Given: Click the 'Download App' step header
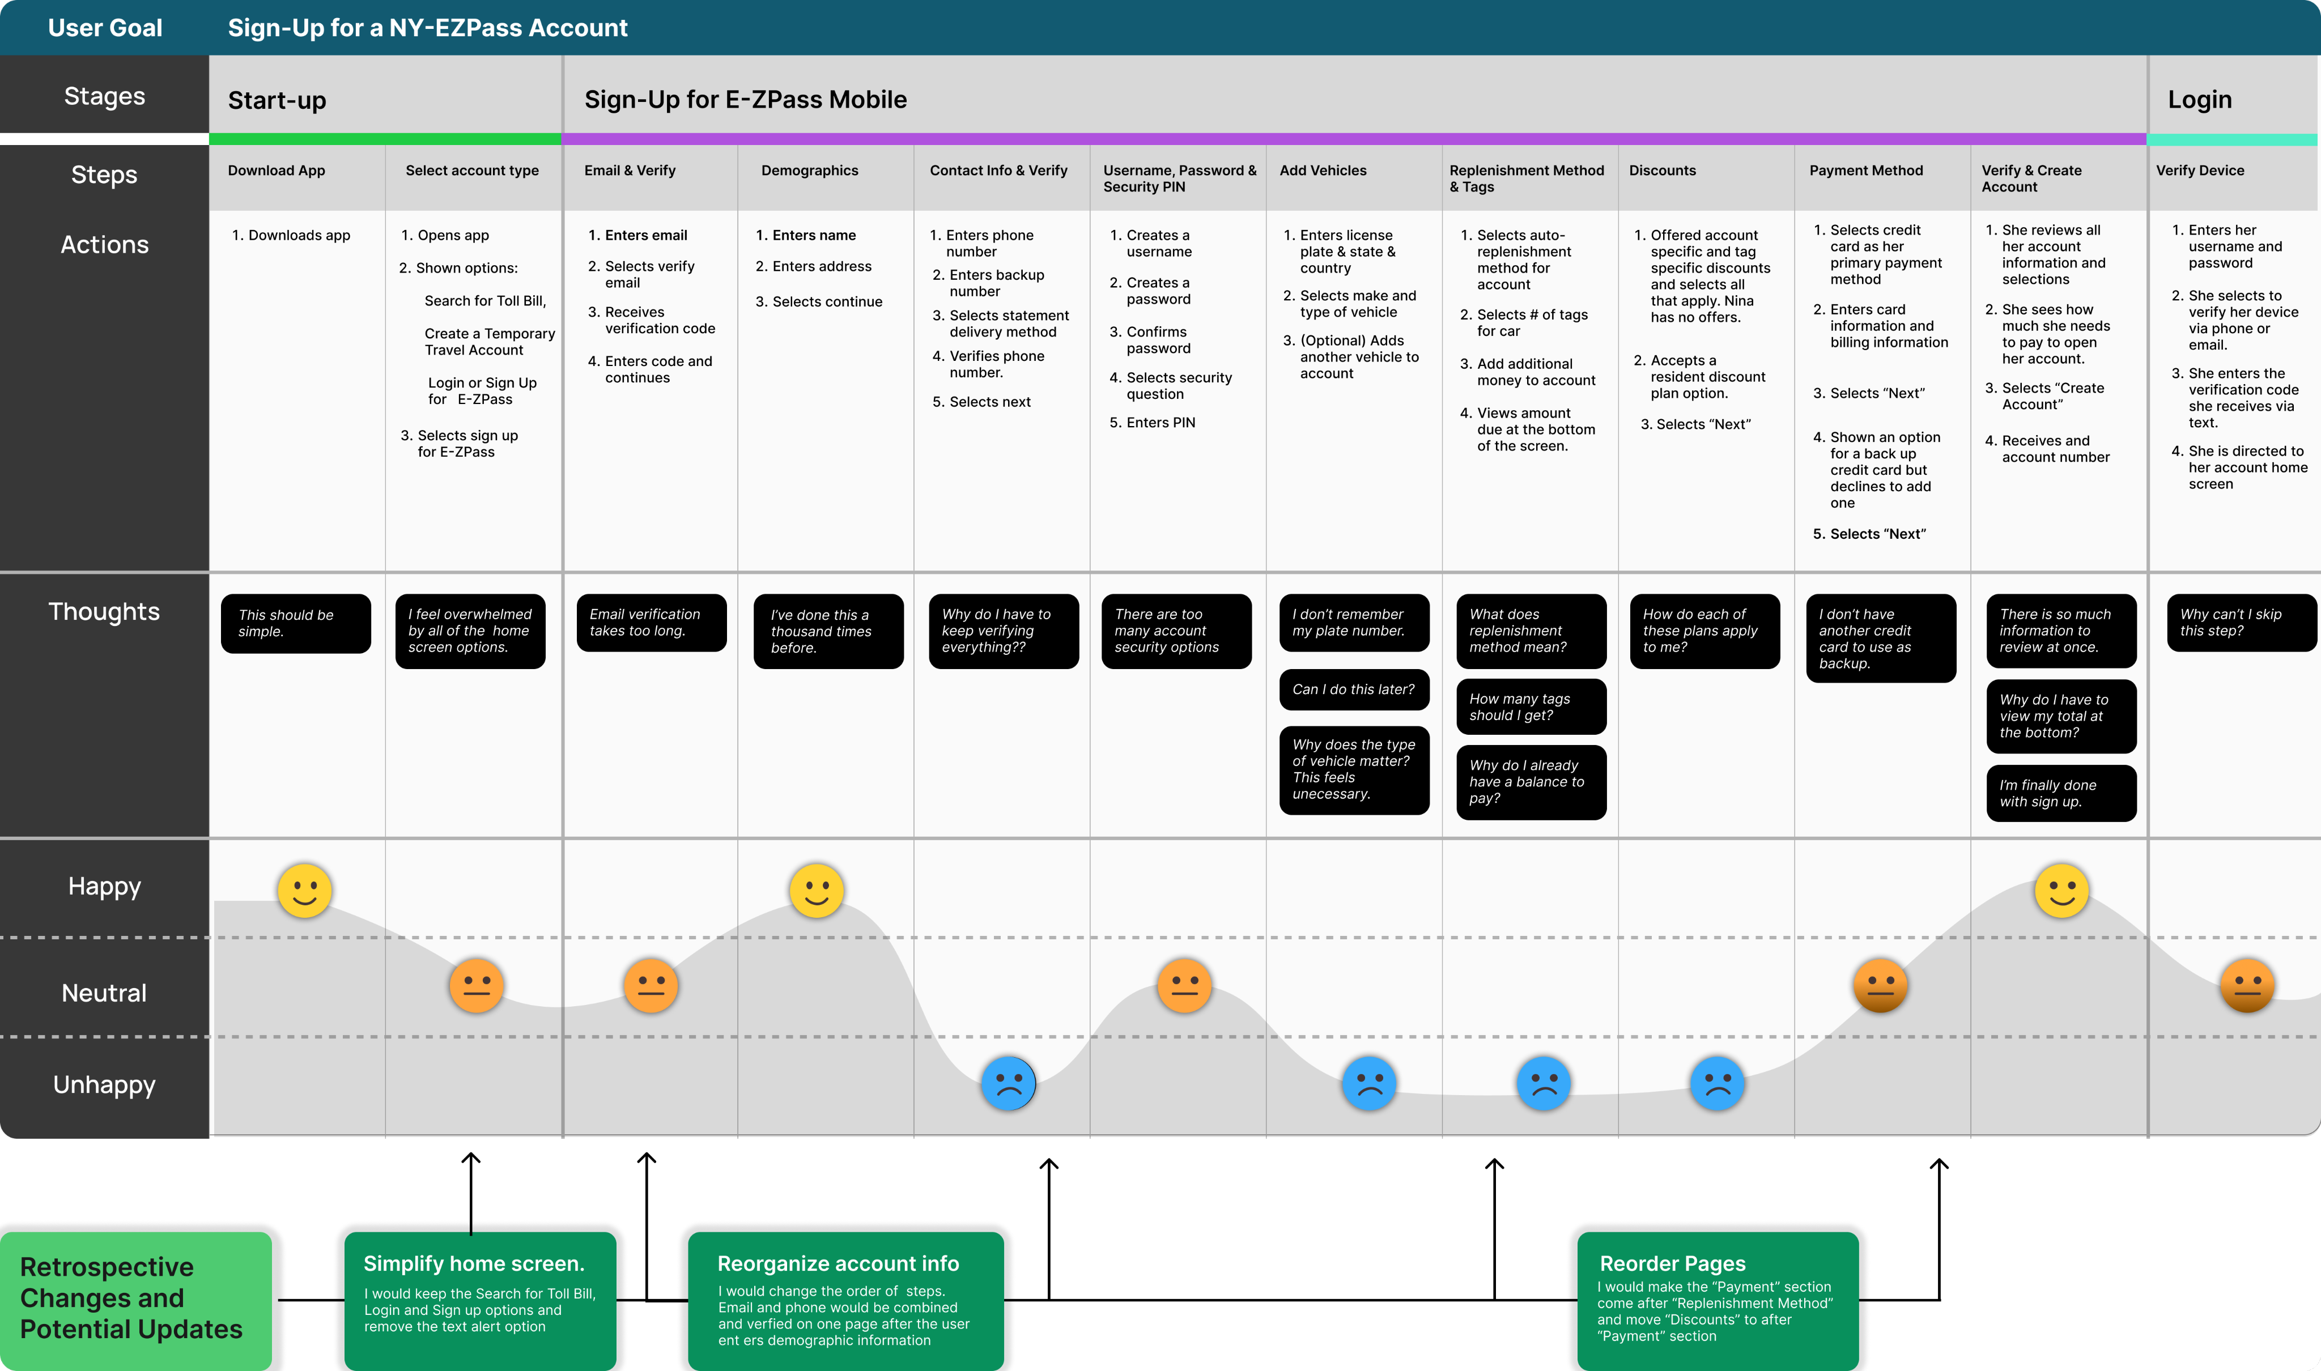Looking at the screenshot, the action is tap(277, 171).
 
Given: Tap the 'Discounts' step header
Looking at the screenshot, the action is tap(1662, 171).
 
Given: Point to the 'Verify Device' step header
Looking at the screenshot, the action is tap(2200, 171).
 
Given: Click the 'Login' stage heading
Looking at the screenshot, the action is tap(2200, 100).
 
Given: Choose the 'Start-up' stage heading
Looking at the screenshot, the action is tap(277, 100).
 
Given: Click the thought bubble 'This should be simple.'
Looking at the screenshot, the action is tap(296, 624).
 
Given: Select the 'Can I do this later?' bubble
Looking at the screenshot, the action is tap(1354, 689).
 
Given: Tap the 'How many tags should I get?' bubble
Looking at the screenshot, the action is tap(1531, 707).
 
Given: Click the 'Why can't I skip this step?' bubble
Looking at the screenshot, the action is tap(2242, 623).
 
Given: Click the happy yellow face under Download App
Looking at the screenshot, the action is tap(304, 891).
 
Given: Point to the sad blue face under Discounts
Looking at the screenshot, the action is tap(1717, 1083).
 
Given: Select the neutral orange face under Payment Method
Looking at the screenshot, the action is tap(1880, 985).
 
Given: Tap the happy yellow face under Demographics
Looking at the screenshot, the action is tap(816, 891).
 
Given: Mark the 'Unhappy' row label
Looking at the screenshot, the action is tap(104, 1084).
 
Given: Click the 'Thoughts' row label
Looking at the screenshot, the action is tap(104, 612).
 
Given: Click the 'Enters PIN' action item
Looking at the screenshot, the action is tap(1152, 422).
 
